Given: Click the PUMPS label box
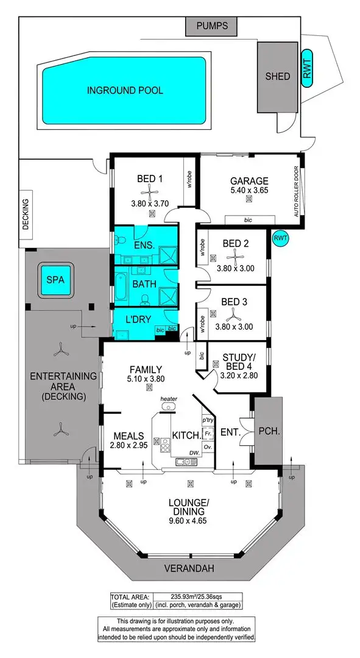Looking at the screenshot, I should coord(213,26).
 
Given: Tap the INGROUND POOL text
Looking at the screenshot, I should coord(125,90).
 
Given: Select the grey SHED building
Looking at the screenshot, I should coord(277,77).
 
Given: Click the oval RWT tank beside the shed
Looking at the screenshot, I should coord(307,68).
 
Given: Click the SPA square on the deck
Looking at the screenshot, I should coord(55,281).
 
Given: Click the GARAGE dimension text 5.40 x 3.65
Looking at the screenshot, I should coord(249,191).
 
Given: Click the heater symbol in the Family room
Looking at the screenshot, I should coord(168,406).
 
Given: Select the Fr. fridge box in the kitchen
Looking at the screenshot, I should coord(207,433).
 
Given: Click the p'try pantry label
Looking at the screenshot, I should coord(207,420).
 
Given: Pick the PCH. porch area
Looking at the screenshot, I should coord(268,431).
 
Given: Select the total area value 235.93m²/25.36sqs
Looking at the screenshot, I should coord(198,597).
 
